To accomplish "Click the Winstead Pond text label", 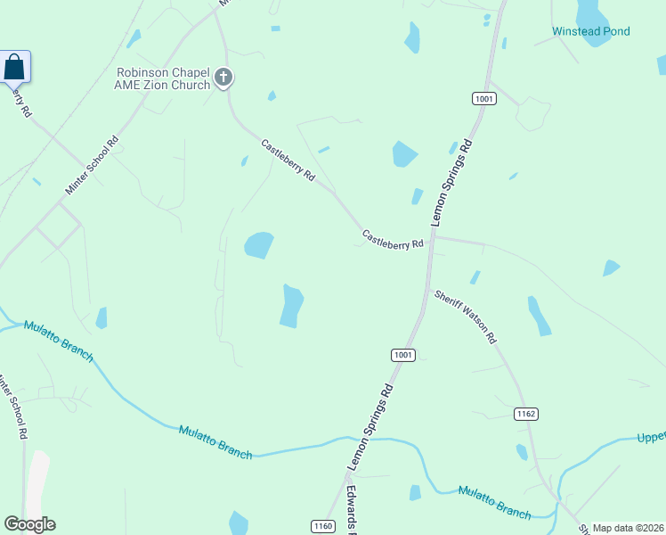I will point(590,31).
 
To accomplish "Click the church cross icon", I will point(223,78).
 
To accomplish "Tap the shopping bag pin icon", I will point(14,67).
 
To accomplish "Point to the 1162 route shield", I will point(526,414).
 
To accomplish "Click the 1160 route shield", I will point(323,526).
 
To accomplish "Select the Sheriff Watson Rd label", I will point(465,317).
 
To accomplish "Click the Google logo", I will point(29,524).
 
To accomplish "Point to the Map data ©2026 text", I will point(628,528).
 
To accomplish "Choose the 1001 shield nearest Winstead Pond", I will point(483,99).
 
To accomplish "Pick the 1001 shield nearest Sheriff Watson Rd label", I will point(402,355).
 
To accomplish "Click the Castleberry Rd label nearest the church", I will point(288,160).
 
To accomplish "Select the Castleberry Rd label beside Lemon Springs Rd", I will point(393,240).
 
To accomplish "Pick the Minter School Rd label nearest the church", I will point(92,166).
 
